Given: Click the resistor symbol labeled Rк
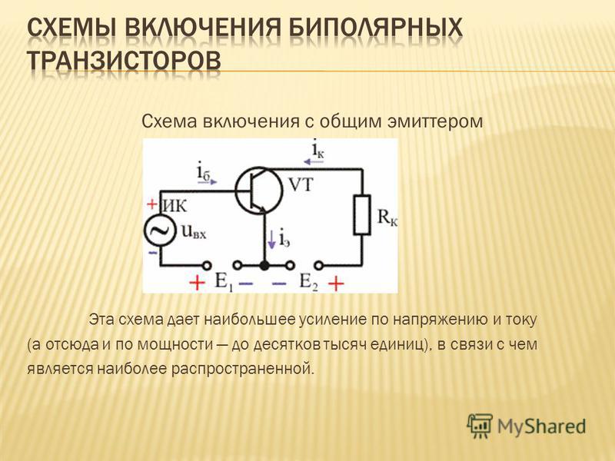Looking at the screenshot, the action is coord(361,215).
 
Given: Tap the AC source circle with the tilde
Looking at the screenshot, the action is coord(159,231).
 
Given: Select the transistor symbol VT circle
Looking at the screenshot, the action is coord(259,191).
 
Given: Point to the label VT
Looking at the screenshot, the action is coord(301,184).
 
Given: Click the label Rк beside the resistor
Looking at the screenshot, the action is coord(387,217).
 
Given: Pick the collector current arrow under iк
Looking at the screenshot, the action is coord(314,161).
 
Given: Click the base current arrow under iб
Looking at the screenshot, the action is coord(208,182).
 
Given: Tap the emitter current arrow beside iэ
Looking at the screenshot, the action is coord(271,239).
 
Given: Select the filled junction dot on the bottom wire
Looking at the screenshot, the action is coord(264,265).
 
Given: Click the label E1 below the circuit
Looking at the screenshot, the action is coord(224,281).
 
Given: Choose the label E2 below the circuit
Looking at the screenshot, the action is coord(309,281).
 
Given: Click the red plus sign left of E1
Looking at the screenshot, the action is coord(197,282).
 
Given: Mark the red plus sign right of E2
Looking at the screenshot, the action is coord(336,283).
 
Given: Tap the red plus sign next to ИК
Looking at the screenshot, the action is coord(151,204).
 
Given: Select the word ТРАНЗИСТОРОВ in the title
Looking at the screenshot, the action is coord(125,61).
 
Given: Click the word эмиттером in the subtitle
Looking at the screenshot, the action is coord(435,121).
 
